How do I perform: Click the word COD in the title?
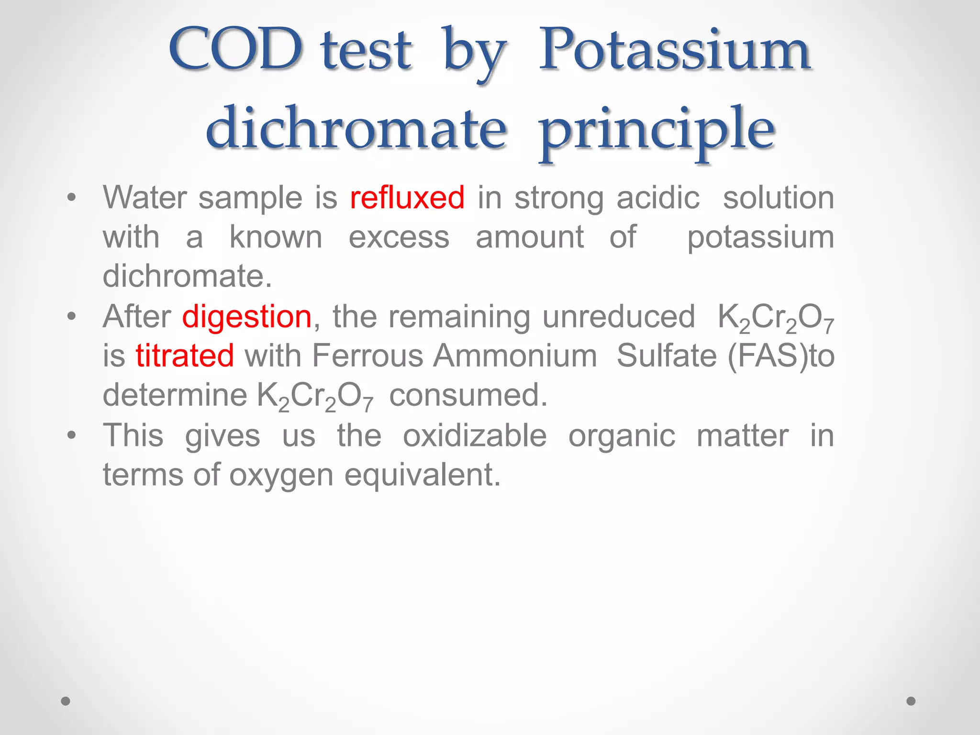235,50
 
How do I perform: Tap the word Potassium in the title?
674,50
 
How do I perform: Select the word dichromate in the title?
356,128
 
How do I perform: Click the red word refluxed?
407,198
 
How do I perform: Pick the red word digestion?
247,317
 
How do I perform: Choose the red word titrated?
185,356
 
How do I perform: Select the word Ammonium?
515,356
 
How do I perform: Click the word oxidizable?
475,435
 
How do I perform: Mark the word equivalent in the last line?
423,475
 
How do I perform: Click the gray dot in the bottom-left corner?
66,701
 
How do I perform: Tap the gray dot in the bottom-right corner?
911,701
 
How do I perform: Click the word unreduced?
618,317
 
